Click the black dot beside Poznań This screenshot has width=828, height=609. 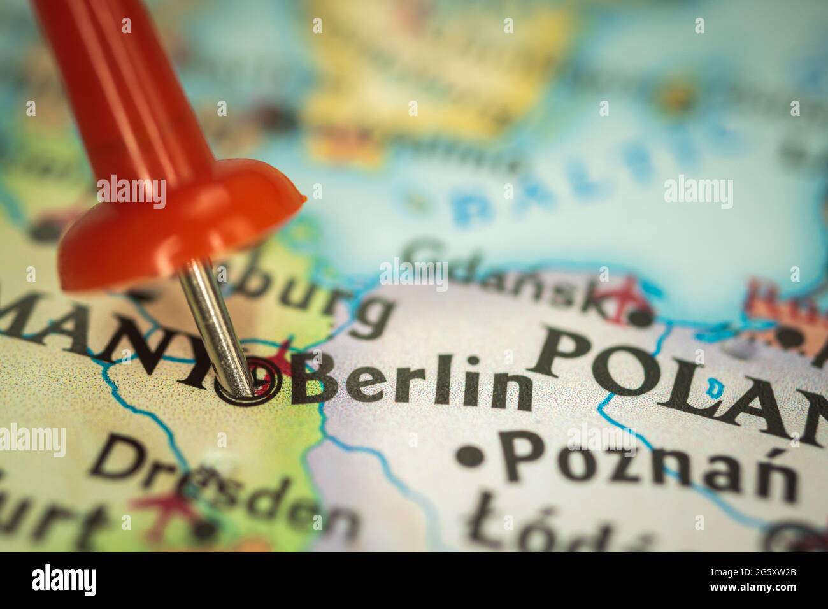(x=471, y=454)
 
